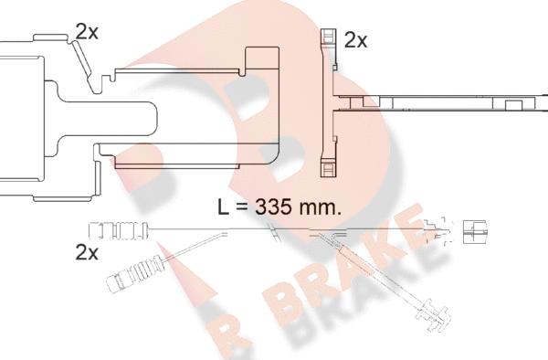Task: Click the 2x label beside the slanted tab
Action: pyautogui.click(x=87, y=33)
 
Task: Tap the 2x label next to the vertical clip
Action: pyautogui.click(x=356, y=40)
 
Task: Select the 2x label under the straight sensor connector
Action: pyautogui.click(x=87, y=252)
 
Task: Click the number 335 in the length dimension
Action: pyautogui.click(x=273, y=206)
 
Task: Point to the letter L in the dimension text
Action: pyautogui.click(x=223, y=206)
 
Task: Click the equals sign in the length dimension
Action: pyautogui.click(x=241, y=207)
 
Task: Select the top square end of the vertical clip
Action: pyautogui.click(x=328, y=36)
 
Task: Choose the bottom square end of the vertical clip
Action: pyautogui.click(x=328, y=168)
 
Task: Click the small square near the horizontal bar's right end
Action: pyautogui.click(x=513, y=106)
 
